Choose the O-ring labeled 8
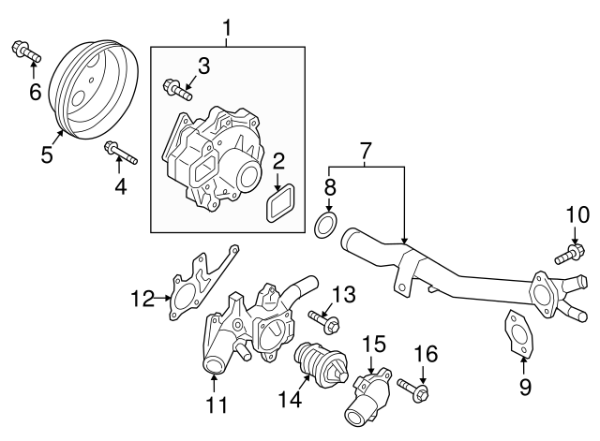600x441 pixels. [325, 225]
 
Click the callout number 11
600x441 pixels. [217, 404]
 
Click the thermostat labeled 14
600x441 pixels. [320, 363]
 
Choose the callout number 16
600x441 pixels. [426, 354]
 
